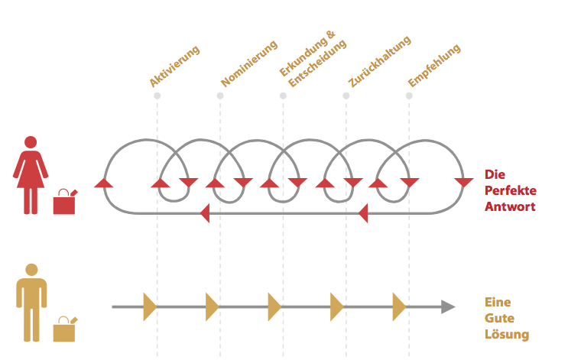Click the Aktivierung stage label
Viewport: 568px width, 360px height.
coord(174,66)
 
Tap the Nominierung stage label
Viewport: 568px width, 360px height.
coord(249,63)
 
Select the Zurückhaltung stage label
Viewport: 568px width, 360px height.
coord(380,61)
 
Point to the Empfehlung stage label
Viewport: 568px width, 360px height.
coord(434,66)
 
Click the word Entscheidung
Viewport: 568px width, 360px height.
coord(317,63)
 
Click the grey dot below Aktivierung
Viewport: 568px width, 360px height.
coord(157,96)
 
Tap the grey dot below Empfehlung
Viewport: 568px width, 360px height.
coord(409,96)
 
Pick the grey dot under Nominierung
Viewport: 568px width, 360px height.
coord(220,96)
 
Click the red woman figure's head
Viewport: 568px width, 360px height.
coord(31,142)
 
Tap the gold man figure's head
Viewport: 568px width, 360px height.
coord(31,270)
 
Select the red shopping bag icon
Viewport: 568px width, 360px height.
coord(65,202)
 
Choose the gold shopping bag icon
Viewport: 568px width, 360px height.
coord(65,329)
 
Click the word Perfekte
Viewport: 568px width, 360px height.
coord(511,190)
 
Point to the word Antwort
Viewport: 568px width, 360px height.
coord(510,206)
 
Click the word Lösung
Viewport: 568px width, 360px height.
coord(507,334)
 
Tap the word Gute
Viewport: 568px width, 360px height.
coord(499,318)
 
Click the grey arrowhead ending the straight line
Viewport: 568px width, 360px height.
coord(448,306)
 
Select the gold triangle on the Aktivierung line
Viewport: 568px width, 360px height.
coord(150,306)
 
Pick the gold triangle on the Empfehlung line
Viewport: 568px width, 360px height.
coord(399,306)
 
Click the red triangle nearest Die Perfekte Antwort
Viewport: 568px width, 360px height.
coord(464,183)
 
